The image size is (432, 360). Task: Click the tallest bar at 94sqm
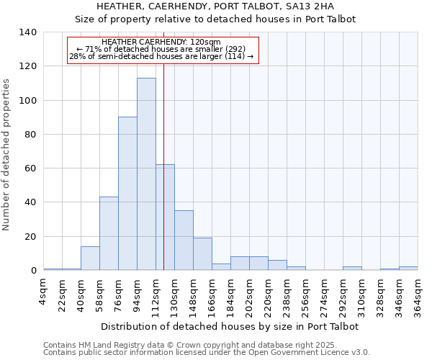[146, 174]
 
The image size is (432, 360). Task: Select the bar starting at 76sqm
[127, 194]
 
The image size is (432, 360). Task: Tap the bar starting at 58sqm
[109, 233]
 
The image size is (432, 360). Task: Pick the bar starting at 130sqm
[184, 240]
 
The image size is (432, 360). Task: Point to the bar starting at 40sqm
[90, 258]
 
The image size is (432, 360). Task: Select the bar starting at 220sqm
[277, 265]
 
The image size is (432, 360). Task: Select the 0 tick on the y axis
[34, 271]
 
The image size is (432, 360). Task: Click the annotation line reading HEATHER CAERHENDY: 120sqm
[161, 42]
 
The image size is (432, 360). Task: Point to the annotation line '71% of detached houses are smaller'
[161, 49]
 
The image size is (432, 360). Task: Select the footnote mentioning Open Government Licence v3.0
[207, 353]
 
